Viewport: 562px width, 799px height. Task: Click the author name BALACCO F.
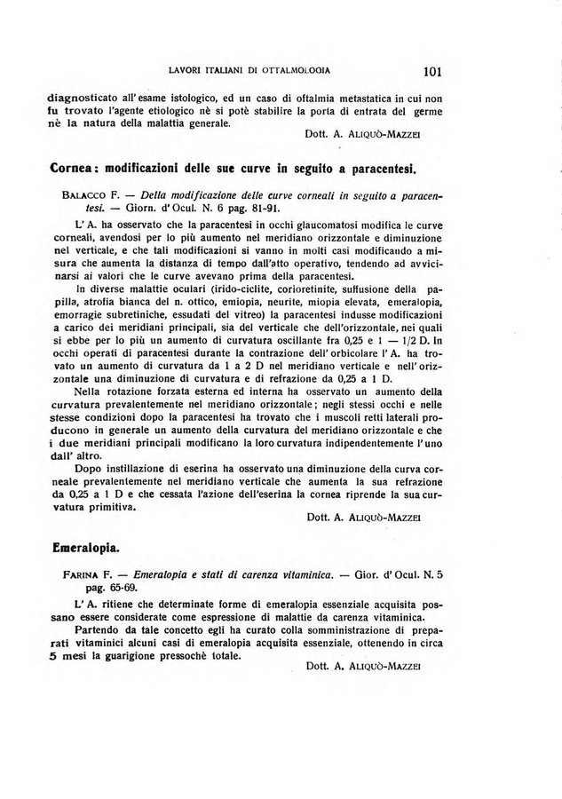[x=86, y=196]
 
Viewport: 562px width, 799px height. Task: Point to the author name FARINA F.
[x=86, y=575]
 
